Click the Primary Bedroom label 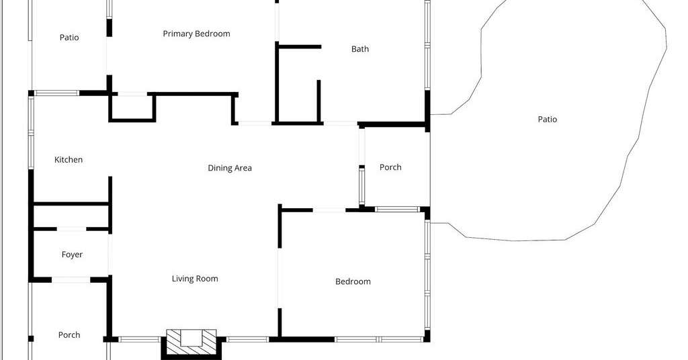196,34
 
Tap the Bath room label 360,49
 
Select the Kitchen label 69,160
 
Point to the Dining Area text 230,168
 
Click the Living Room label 195,279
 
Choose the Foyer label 72,255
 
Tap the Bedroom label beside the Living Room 353,281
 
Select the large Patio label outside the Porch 547,120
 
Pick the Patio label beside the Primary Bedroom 69,38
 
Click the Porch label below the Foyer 69,335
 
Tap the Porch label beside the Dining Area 390,167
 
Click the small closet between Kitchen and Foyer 71,217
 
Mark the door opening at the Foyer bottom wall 71,280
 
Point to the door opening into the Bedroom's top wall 329,210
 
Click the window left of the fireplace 139,339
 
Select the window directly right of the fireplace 247,339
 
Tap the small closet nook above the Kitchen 132,107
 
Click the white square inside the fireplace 191,338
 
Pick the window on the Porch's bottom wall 398,209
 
